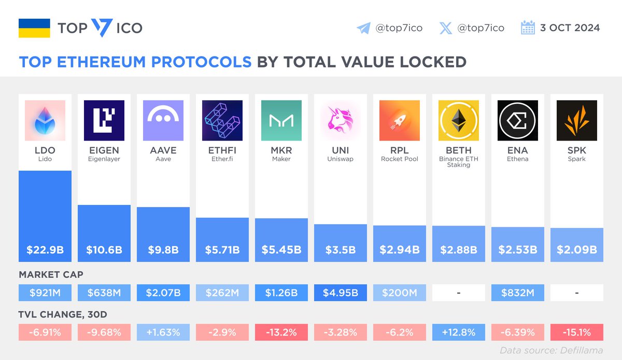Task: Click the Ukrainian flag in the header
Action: (x=34, y=28)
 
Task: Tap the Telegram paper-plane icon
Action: (x=363, y=28)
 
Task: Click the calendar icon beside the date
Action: (x=528, y=28)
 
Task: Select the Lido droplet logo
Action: (x=45, y=120)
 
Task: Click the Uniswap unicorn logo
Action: (x=341, y=120)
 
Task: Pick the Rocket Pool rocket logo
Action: (x=400, y=120)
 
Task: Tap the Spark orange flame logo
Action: (x=577, y=120)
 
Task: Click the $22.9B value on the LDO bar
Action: (x=45, y=250)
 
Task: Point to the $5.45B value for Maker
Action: (x=281, y=250)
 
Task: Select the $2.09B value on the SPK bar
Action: (x=577, y=250)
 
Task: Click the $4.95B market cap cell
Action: (x=341, y=293)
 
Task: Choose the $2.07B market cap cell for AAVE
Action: (x=163, y=293)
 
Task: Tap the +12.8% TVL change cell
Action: (x=459, y=332)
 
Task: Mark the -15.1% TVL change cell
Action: (x=577, y=332)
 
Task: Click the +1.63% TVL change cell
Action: (x=163, y=332)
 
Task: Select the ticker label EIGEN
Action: (x=104, y=150)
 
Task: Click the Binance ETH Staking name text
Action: (x=459, y=162)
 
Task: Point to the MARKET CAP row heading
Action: (x=51, y=274)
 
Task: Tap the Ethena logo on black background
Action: (x=518, y=120)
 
